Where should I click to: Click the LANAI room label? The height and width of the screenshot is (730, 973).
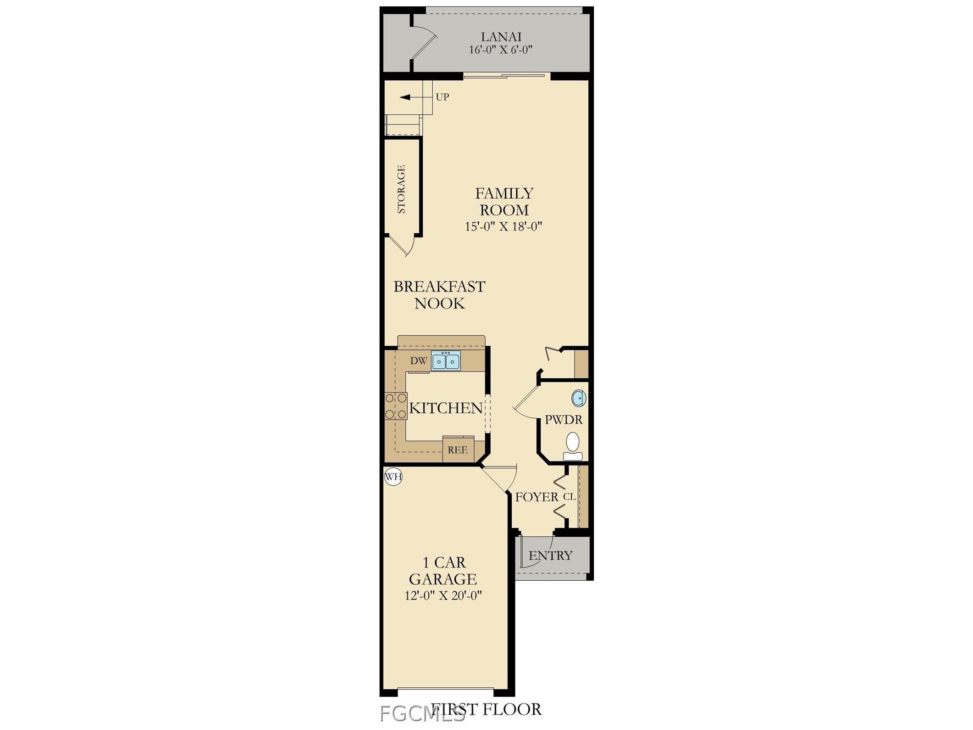click(501, 37)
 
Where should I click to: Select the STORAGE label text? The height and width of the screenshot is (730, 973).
click(401, 189)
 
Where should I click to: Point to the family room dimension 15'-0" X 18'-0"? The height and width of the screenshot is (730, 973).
click(503, 226)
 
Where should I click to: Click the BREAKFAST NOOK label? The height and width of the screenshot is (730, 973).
click(439, 295)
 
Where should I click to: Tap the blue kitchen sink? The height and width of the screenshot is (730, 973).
click(446, 361)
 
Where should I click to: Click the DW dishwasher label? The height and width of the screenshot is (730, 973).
click(418, 361)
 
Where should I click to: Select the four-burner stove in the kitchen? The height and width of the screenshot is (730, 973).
click(396, 406)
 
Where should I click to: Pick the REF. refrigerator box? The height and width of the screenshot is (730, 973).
click(458, 450)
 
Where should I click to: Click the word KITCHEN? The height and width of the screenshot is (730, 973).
click(446, 408)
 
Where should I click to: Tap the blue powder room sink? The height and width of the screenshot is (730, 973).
click(579, 398)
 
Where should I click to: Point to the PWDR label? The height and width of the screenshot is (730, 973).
click(564, 420)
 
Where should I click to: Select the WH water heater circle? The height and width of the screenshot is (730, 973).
click(393, 477)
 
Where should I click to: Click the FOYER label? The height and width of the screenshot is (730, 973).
click(537, 497)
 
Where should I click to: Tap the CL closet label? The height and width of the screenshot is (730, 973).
click(569, 497)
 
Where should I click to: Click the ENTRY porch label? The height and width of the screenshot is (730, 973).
click(550, 556)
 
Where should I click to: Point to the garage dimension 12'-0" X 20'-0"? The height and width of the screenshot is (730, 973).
click(443, 596)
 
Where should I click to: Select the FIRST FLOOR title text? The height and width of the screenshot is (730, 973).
click(486, 709)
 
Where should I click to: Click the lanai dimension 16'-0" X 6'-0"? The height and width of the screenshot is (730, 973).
click(500, 50)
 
